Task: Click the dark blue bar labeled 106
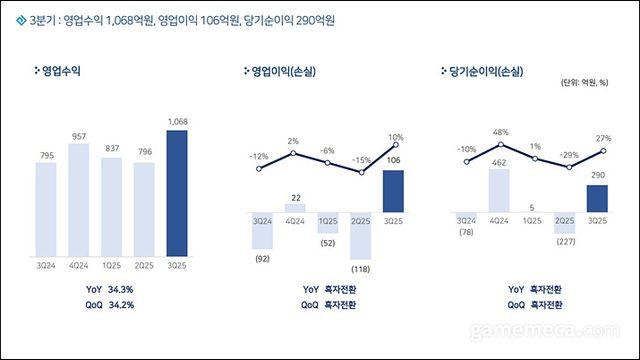[x=395, y=191]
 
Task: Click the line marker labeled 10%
[x=395, y=148]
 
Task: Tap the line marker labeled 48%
[x=500, y=145]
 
